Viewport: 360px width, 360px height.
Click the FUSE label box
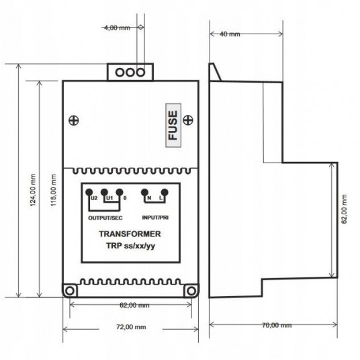pos(173,125)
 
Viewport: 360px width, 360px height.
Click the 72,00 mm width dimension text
pos(130,328)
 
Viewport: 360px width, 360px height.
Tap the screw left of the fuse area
pos(73,120)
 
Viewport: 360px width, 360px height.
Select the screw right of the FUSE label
pos(190,120)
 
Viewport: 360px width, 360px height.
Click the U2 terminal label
pos(94,199)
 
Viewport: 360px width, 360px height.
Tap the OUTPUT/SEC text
pos(105,218)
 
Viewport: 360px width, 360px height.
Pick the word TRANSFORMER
pos(130,235)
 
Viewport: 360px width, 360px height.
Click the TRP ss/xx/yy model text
pos(130,247)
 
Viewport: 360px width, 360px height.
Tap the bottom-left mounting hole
pos(69,290)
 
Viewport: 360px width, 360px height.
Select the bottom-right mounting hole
pos(191,290)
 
